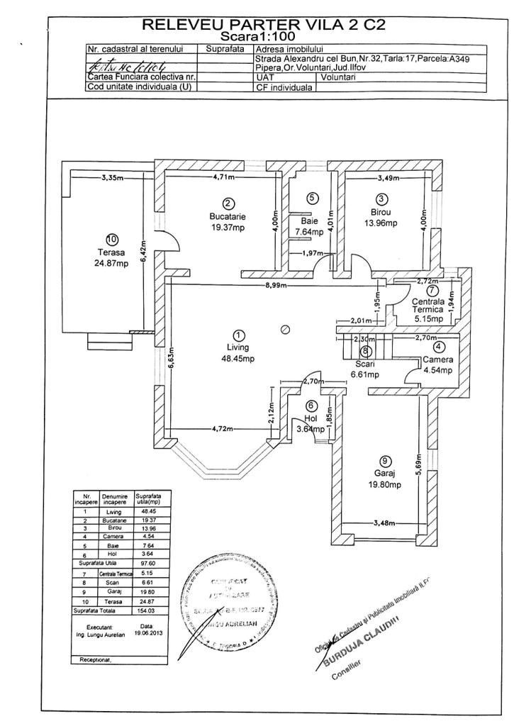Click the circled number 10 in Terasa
coord(112,240)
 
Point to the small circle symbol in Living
coord(285,329)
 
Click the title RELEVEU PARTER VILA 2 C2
coord(264,25)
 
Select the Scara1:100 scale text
coord(259,35)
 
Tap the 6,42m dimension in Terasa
coord(143,250)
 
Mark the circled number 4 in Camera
coord(438,347)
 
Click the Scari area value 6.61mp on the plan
coord(365,374)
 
